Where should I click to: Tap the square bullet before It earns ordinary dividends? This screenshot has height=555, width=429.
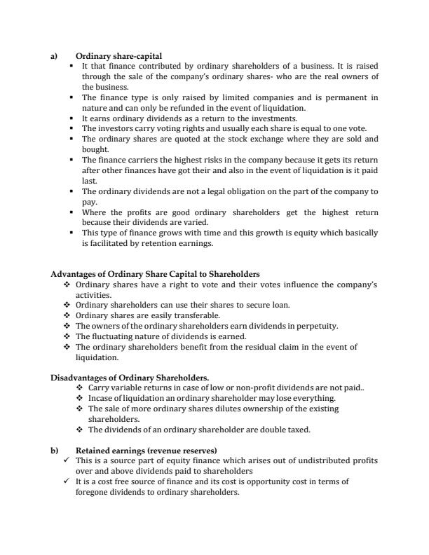72,119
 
